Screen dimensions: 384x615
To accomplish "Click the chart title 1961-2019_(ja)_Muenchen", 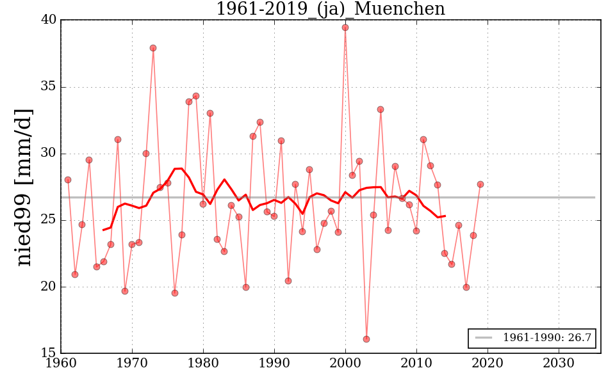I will click(x=330, y=10).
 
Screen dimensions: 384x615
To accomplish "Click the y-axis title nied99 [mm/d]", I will click(x=24, y=187).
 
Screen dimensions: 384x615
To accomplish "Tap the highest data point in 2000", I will click(x=345, y=28).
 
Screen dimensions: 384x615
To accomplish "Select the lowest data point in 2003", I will click(x=366, y=339).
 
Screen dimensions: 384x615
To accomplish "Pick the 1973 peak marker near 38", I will click(x=153, y=48).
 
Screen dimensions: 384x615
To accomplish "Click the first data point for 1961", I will click(x=68, y=180).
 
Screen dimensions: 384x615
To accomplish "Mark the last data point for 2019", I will click(x=480, y=184).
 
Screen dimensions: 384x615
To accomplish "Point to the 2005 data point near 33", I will click(x=381, y=109).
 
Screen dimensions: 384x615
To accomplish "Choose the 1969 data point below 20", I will click(x=125, y=291).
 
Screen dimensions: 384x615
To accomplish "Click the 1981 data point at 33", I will click(x=210, y=113).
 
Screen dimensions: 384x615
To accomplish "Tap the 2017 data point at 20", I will click(x=466, y=287).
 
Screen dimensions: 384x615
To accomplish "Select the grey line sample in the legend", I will click(x=484, y=338).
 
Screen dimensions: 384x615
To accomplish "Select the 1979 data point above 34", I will click(x=196, y=96).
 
